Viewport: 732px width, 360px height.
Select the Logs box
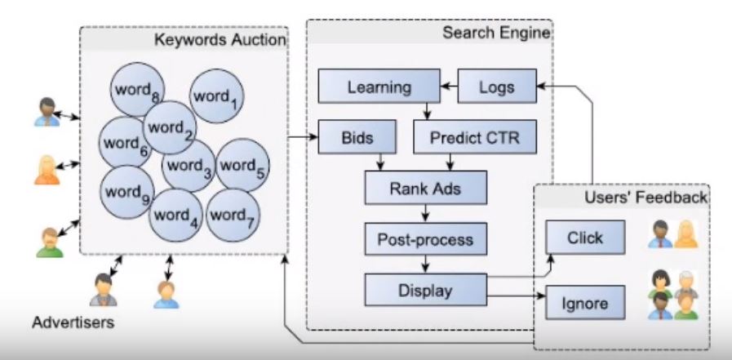tap(496, 86)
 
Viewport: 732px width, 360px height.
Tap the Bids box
tap(357, 137)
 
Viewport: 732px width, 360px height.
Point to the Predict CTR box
tap(475, 137)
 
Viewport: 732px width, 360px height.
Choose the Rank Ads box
tap(425, 189)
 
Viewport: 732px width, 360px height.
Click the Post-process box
tap(425, 240)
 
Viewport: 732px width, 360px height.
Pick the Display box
tap(424, 290)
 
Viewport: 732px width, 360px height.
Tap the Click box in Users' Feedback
tap(584, 238)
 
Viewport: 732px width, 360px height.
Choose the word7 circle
tap(232, 216)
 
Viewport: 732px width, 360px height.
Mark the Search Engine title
tap(495, 33)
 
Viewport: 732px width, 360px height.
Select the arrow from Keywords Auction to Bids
tap(302, 137)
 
